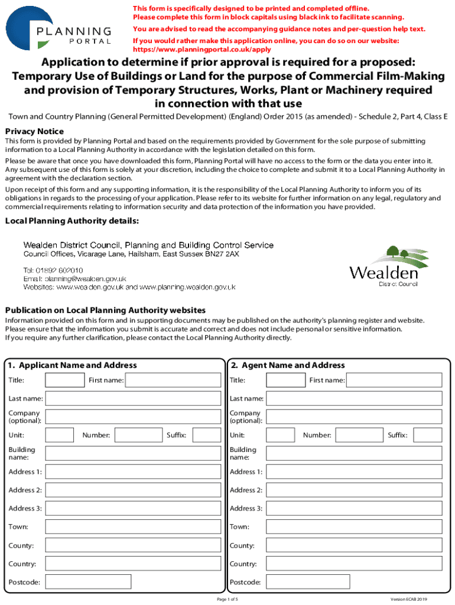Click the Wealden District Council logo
point(384,266)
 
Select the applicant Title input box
point(65,380)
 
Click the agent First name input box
point(394,380)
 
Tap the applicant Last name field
point(133,399)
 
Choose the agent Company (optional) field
point(353,417)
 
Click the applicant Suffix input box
point(206,435)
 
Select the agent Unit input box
point(281,435)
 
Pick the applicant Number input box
point(138,435)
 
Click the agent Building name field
point(353,453)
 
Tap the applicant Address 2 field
point(133,490)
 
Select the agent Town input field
point(353,526)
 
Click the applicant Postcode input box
point(89,582)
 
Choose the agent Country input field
point(353,564)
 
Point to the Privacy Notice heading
point(34,131)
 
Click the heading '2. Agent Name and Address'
point(288,365)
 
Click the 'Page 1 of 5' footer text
point(227,599)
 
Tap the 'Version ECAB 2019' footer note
point(408,599)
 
